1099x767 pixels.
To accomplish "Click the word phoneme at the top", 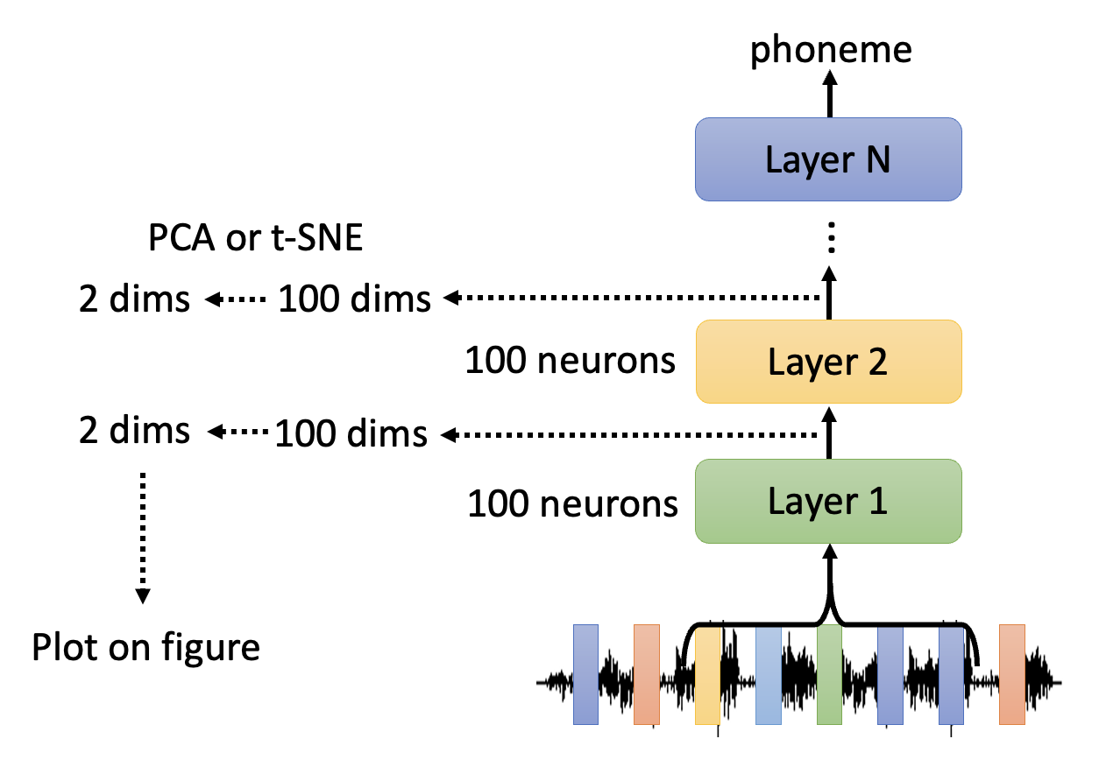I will (831, 50).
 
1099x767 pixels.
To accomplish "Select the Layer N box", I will (828, 159).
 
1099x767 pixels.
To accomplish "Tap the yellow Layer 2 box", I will (828, 362).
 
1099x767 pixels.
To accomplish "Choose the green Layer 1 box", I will (828, 501).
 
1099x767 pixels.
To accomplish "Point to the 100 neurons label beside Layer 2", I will (571, 361).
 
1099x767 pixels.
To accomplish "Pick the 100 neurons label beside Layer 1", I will (572, 503).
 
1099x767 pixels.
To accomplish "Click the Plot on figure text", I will (145, 648).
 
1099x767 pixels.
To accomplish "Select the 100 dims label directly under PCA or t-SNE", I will (354, 299).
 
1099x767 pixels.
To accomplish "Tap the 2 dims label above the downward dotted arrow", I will (134, 431).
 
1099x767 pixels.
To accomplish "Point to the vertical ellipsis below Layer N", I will (831, 239).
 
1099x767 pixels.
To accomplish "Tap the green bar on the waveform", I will (829, 674).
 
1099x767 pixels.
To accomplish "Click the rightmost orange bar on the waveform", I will (1012, 674).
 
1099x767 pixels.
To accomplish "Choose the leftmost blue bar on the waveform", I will (585, 674).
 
